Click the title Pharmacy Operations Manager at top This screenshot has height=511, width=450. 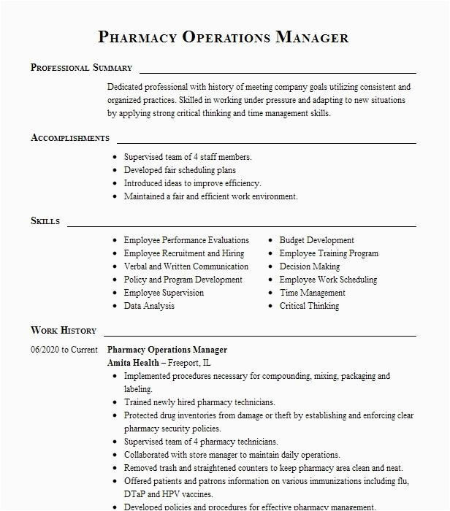[x=223, y=37]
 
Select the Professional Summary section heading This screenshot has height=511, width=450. [x=81, y=68]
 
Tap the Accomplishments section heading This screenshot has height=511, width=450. [x=70, y=138]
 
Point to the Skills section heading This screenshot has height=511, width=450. [x=45, y=221]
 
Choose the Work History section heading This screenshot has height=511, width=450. [x=64, y=331]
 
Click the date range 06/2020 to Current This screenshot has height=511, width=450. [x=64, y=350]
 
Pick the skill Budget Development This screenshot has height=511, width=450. [x=317, y=240]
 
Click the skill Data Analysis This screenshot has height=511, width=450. [x=149, y=306]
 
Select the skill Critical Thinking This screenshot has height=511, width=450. [x=309, y=306]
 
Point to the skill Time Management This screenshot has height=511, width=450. [x=312, y=293]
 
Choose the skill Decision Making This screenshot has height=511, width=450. [x=310, y=266]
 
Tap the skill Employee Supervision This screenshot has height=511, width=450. [x=164, y=293]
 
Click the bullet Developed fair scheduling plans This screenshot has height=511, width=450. [x=180, y=170]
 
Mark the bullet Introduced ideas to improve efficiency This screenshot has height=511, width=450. [x=192, y=183]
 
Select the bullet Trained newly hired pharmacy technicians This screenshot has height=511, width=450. [x=199, y=402]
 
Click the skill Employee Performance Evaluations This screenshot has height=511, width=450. [x=186, y=240]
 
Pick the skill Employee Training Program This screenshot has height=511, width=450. [x=329, y=253]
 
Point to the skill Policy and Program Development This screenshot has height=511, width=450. [x=183, y=280]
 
